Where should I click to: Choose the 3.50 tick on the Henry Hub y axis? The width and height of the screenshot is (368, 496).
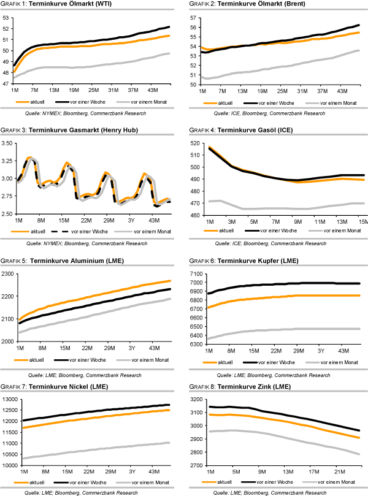8,143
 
